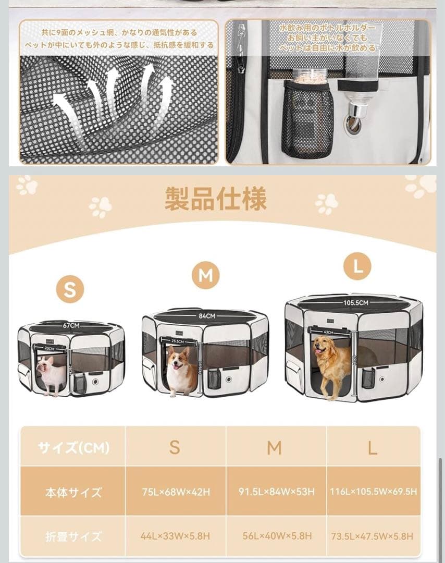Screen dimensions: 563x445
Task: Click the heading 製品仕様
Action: click(x=215, y=199)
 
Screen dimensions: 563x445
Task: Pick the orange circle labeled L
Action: click(x=357, y=267)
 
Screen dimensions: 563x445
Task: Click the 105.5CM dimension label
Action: click(x=355, y=302)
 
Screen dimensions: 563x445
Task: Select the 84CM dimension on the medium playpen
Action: click(x=206, y=316)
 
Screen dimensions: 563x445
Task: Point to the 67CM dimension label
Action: click(x=71, y=326)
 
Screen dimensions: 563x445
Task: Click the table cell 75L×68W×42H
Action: click(x=176, y=492)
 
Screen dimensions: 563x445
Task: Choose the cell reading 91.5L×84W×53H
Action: click(x=277, y=492)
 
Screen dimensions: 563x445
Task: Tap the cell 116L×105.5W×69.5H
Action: click(x=373, y=492)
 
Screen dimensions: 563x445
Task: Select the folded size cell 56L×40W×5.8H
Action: click(x=277, y=536)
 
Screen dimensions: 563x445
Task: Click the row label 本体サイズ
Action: click(x=72, y=492)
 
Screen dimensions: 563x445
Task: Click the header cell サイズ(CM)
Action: click(x=73, y=447)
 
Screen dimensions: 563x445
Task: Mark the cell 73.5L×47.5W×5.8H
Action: click(x=373, y=536)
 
